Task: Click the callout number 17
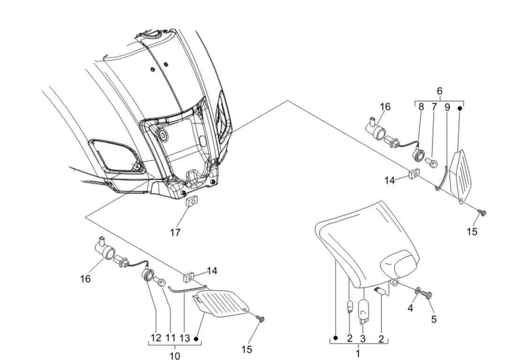click(x=175, y=232)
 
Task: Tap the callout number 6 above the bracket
click(x=440, y=91)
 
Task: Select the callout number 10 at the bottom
click(x=175, y=356)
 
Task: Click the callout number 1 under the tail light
click(x=358, y=353)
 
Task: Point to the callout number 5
click(x=434, y=319)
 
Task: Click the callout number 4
click(x=410, y=307)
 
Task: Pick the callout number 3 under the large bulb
click(x=362, y=338)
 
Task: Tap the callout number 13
click(x=185, y=338)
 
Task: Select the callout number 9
click(x=447, y=107)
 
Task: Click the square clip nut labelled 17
click(x=192, y=202)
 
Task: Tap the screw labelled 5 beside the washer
click(x=427, y=295)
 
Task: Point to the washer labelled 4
click(x=418, y=290)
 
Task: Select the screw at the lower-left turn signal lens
click(x=260, y=318)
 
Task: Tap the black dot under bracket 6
click(x=460, y=108)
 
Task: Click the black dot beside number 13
click(x=196, y=339)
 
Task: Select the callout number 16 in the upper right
click(x=385, y=106)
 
